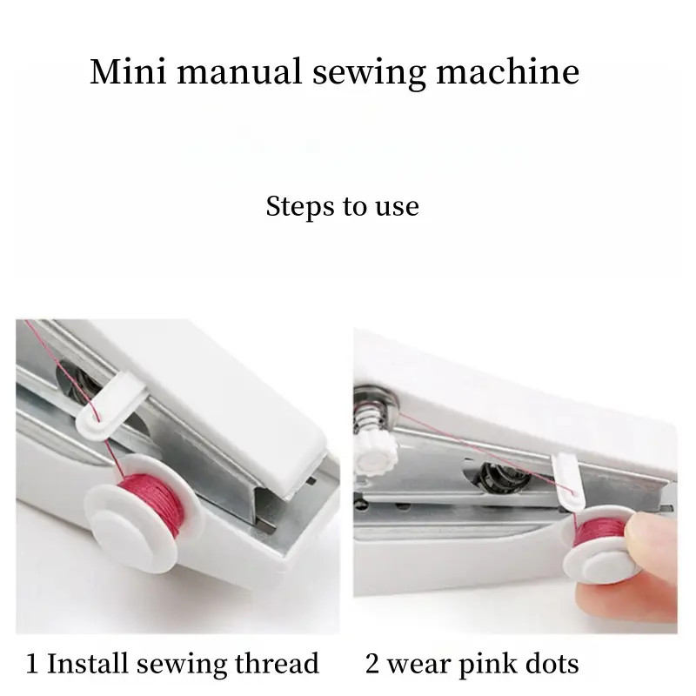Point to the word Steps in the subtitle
point(298,207)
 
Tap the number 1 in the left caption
point(32,665)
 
